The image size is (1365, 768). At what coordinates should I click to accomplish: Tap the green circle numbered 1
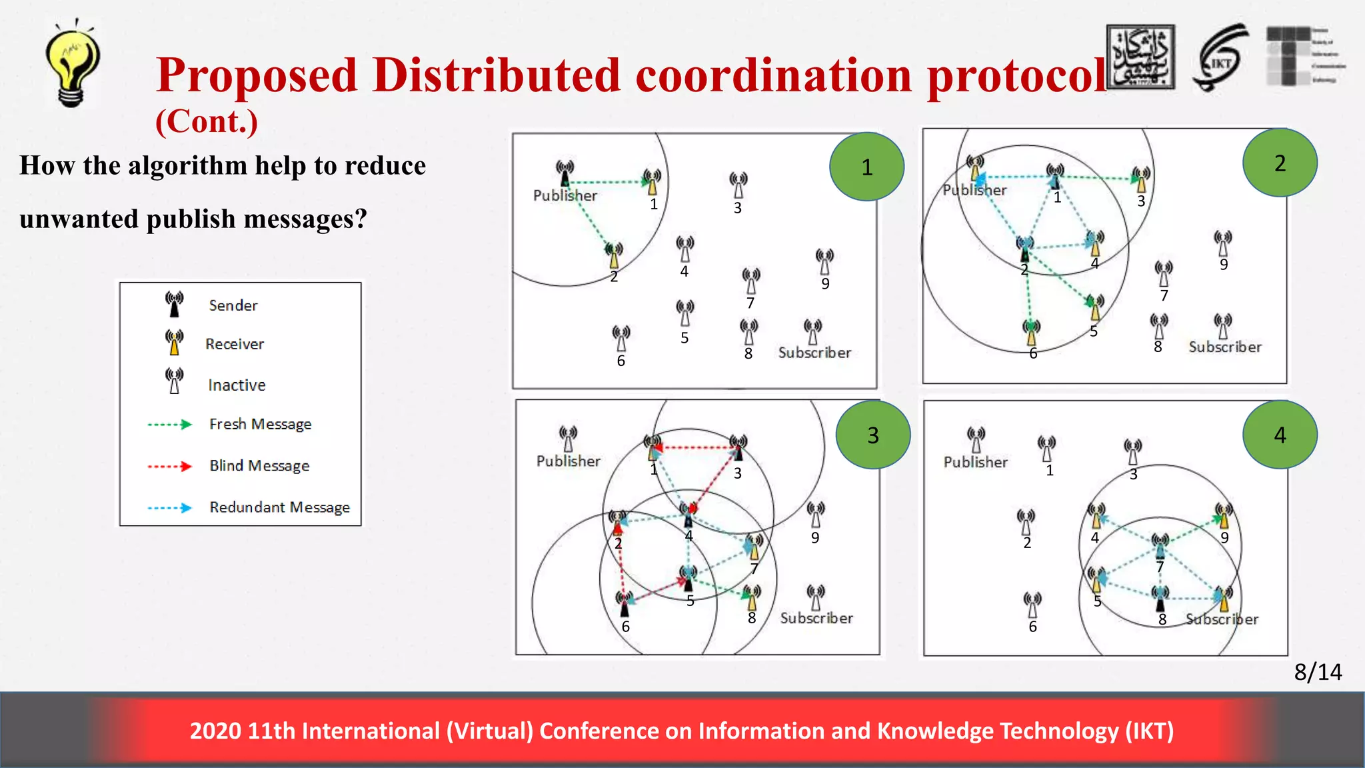click(866, 167)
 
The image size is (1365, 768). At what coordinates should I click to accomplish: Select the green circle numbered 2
click(1280, 163)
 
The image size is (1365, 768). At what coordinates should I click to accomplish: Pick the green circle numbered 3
click(873, 435)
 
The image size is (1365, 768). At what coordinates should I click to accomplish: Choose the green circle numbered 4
click(1280, 435)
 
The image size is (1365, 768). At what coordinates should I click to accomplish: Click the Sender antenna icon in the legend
click(175, 304)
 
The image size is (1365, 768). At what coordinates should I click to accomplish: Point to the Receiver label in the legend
click(235, 344)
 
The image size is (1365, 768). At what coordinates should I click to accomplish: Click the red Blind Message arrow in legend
click(169, 466)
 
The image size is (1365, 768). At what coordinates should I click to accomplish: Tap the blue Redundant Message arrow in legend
click(169, 508)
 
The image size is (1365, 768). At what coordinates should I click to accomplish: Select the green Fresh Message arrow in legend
click(169, 424)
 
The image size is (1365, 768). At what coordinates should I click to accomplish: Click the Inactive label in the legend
click(237, 385)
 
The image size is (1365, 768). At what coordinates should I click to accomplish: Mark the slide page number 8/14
click(1318, 672)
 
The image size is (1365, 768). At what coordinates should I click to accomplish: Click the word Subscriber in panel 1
click(814, 353)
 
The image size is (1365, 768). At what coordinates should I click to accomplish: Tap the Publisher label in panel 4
click(975, 462)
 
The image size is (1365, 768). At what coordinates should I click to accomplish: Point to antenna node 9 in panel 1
click(824, 262)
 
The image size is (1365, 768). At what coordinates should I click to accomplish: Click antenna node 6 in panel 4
click(1032, 605)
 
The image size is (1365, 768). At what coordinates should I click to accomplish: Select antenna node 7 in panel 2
click(1164, 273)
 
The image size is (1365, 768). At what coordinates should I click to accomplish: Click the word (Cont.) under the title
click(207, 121)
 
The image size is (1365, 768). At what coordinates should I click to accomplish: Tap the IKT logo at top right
click(1220, 59)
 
